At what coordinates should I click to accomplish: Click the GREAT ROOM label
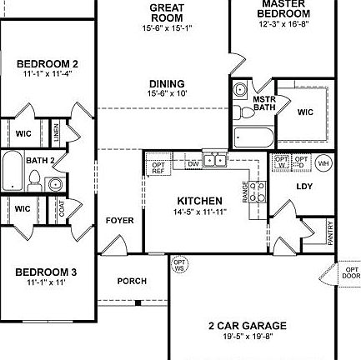click(x=167, y=12)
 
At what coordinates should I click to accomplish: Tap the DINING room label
click(x=167, y=83)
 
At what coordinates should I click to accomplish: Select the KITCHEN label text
click(x=200, y=201)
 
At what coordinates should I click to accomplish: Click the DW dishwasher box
click(x=193, y=163)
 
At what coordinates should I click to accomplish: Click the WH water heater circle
click(x=323, y=162)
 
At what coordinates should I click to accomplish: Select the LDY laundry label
click(x=304, y=187)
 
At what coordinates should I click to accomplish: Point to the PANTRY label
click(x=331, y=232)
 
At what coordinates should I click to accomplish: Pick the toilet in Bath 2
click(x=34, y=177)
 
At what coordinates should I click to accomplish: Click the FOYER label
click(x=120, y=221)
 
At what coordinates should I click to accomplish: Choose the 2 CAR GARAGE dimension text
click(x=247, y=335)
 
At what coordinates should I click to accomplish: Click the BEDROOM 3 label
click(x=47, y=272)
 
